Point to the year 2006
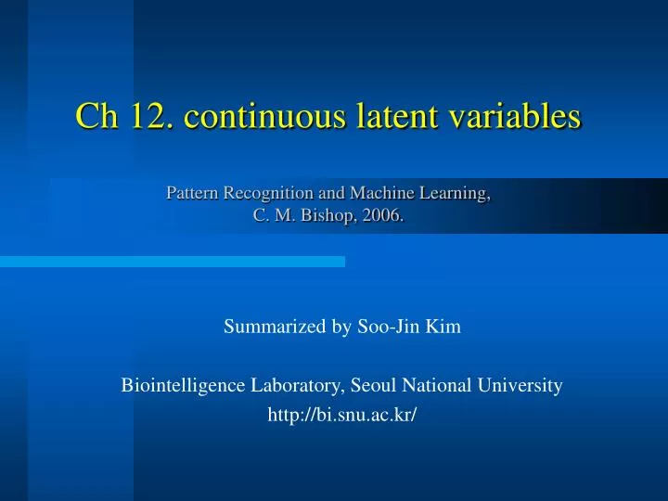pyautogui.click(x=385, y=216)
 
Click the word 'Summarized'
pyautogui.click(x=267, y=328)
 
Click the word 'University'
pyautogui.click(x=520, y=385)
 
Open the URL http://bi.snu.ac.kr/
pyautogui.click(x=341, y=415)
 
